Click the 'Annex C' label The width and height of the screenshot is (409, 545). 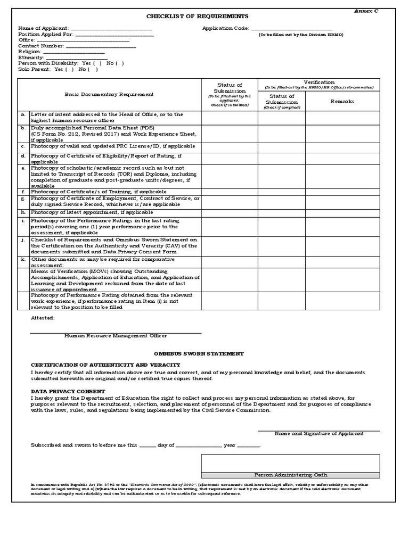(x=367, y=11)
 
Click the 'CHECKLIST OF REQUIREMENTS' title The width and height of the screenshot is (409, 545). (x=190, y=17)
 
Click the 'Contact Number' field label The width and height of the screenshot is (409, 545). (x=37, y=46)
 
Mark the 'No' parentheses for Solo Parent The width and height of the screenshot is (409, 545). (x=93, y=69)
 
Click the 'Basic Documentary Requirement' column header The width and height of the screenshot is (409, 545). (x=109, y=94)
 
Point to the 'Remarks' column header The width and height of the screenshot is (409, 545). (x=342, y=101)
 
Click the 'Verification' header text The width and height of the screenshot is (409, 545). (x=320, y=82)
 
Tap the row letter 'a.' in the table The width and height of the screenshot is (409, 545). (x=23, y=114)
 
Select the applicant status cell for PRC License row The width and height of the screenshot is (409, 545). (x=230, y=146)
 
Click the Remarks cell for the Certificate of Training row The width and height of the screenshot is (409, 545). (x=342, y=192)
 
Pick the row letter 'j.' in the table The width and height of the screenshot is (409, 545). (x=23, y=240)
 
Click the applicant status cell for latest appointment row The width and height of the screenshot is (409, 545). (x=230, y=212)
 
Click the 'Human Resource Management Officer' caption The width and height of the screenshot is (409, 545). (x=116, y=336)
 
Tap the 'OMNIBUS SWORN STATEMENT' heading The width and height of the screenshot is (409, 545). (x=199, y=354)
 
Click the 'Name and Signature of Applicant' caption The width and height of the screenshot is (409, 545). (x=319, y=434)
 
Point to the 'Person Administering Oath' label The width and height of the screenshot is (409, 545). (x=290, y=475)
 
